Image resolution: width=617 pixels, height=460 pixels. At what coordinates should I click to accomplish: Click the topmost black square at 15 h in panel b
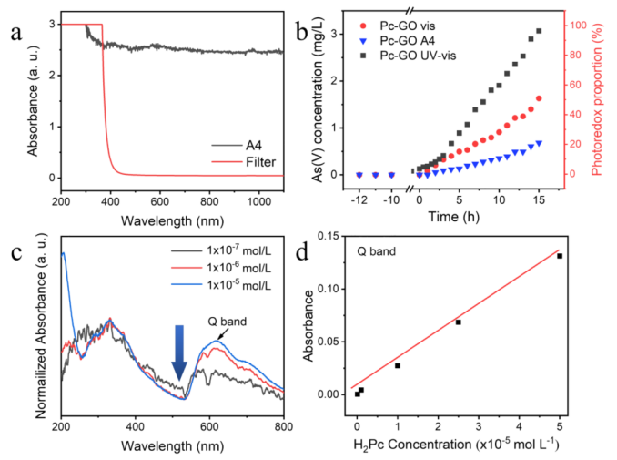(539, 31)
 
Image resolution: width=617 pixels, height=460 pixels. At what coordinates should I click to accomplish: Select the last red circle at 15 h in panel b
(539, 98)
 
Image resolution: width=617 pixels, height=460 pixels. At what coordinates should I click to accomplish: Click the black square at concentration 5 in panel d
(560, 256)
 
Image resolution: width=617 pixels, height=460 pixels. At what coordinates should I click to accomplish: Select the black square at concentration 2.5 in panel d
(459, 322)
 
